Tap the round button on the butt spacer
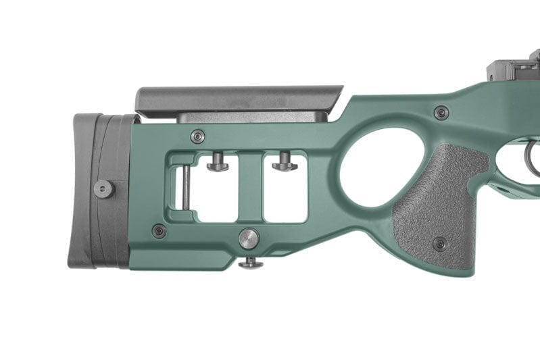(x=103, y=188)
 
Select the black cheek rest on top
(x=237, y=99)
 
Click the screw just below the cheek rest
(x=197, y=136)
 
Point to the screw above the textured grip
(x=441, y=113)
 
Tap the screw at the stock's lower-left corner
(x=159, y=231)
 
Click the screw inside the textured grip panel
(x=440, y=244)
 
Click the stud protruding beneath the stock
(x=251, y=262)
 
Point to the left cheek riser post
(x=218, y=163)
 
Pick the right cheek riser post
(x=285, y=163)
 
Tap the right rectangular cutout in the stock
(x=285, y=196)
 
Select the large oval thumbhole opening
(x=370, y=169)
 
